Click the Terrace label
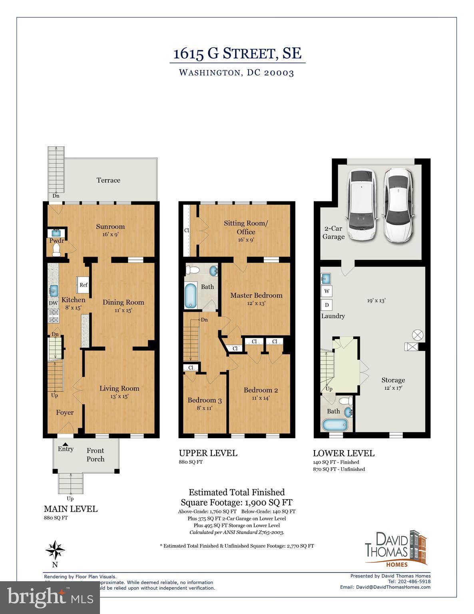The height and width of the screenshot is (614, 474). coord(108,180)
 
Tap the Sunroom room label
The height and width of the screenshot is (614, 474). coord(110,227)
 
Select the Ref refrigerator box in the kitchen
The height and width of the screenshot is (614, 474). coord(83,285)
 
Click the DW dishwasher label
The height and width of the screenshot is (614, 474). coord(53,303)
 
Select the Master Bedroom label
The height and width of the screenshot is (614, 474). coord(256,295)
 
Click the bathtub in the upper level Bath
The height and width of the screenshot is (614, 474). coord(191,295)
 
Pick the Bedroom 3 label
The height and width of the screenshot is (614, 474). coord(205,400)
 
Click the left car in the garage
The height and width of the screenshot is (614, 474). coord(362,205)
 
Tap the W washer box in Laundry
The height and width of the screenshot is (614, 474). coord(327,291)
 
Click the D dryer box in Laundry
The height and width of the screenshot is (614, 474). coord(327,305)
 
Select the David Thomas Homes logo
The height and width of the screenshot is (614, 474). coord(396,549)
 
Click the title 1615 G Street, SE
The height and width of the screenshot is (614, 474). coord(237,53)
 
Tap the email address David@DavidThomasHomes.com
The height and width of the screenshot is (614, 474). coord(385,587)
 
